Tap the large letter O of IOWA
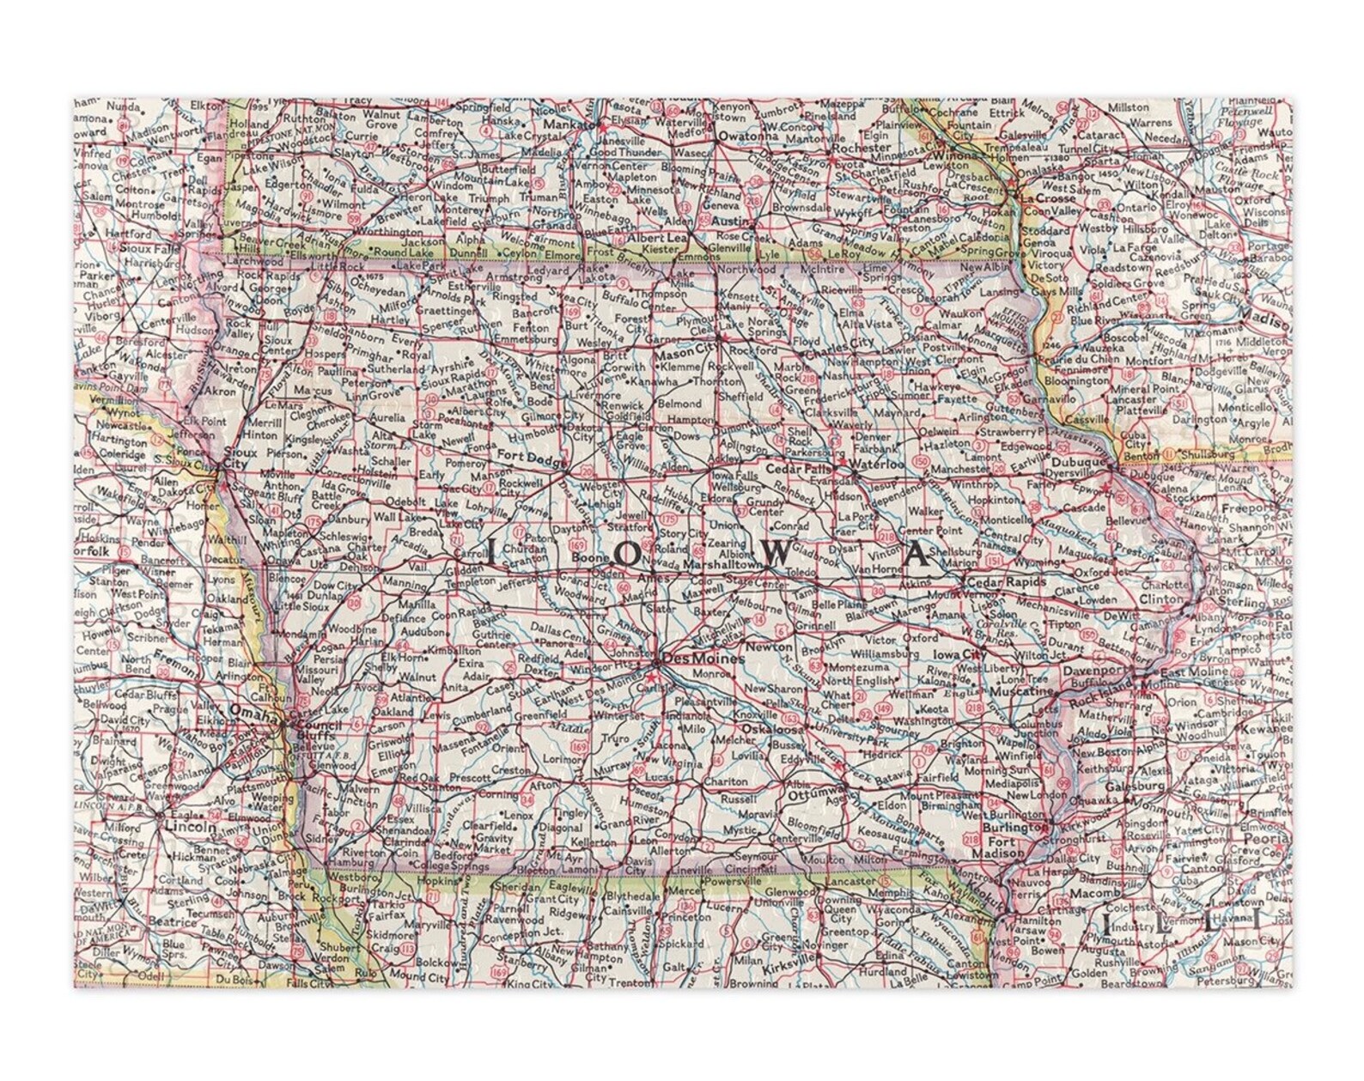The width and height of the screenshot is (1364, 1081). tap(630, 556)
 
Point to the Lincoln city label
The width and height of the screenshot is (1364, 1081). tap(190, 826)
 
